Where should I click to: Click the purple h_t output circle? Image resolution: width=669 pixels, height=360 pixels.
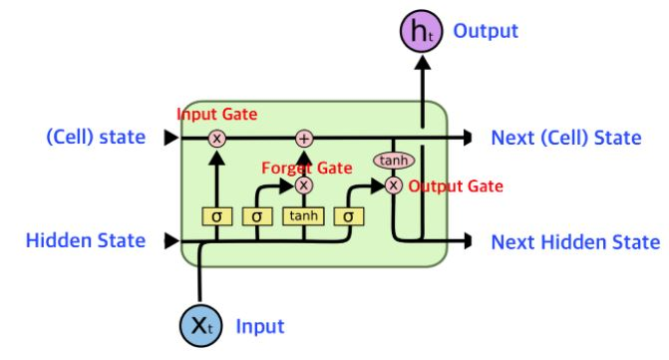pos(421,31)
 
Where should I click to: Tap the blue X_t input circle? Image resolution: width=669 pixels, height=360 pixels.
pos(200,326)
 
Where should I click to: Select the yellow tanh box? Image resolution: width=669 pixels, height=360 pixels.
pos(303,216)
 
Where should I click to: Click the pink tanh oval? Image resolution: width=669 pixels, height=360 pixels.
pos(394,161)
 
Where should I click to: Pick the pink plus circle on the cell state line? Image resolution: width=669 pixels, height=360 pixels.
pos(304,139)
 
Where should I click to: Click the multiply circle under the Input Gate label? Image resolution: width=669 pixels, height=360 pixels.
pos(216,139)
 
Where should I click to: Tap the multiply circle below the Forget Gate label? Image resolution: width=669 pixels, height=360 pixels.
pos(304,185)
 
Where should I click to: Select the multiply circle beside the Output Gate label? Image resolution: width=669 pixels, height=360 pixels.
pos(394,185)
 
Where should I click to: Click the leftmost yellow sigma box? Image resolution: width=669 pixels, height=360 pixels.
pos(216,216)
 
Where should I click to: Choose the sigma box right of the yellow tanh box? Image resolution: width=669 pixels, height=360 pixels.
pos(349,216)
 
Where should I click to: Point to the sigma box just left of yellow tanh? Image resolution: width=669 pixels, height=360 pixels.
pos(257,216)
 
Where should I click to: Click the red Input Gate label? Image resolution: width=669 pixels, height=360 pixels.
pos(216,115)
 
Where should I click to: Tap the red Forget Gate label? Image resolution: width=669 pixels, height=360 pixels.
pos(307,169)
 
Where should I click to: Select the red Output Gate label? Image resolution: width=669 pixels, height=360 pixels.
pos(456,186)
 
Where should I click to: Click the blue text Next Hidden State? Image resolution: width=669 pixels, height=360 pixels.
pos(575,242)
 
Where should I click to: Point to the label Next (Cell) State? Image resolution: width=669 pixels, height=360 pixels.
pos(566,138)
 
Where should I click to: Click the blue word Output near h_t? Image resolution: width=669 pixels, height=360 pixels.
pos(486,31)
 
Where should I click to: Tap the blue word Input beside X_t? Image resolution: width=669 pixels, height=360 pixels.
pos(260,327)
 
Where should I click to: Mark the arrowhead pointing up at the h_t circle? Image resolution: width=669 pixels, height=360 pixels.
pos(423,62)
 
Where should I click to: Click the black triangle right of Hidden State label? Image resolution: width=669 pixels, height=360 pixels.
pos(171,240)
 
